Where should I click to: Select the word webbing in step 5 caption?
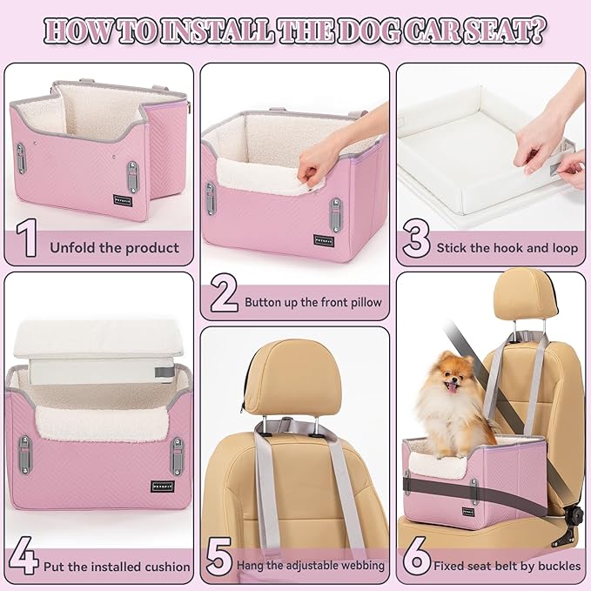tap(360, 566)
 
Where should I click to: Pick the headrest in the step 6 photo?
tap(525, 295)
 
